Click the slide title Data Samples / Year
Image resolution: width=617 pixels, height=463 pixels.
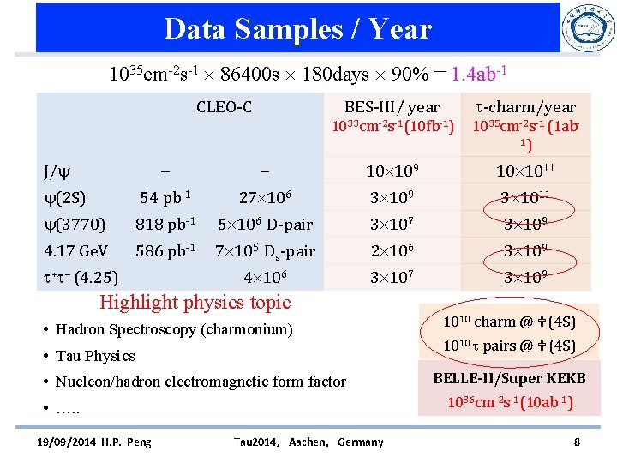297,29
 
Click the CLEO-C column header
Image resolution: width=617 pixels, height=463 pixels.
224,107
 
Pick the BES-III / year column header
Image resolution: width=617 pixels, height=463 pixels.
392,107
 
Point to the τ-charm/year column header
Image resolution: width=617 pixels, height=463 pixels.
526,107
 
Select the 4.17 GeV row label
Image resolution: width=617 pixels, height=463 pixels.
76,251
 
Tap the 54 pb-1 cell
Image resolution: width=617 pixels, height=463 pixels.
165,198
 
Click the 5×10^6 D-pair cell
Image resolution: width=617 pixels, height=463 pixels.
263,225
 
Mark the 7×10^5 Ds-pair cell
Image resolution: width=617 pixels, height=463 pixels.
265,251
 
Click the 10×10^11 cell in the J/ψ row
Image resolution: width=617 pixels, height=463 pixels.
525,171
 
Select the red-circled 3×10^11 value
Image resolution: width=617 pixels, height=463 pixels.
525,198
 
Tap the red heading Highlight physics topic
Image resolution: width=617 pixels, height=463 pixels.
195,302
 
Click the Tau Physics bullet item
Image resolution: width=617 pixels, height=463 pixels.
95,356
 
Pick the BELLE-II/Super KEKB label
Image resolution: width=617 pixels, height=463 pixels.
509,378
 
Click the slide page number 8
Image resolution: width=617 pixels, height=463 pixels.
576,442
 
